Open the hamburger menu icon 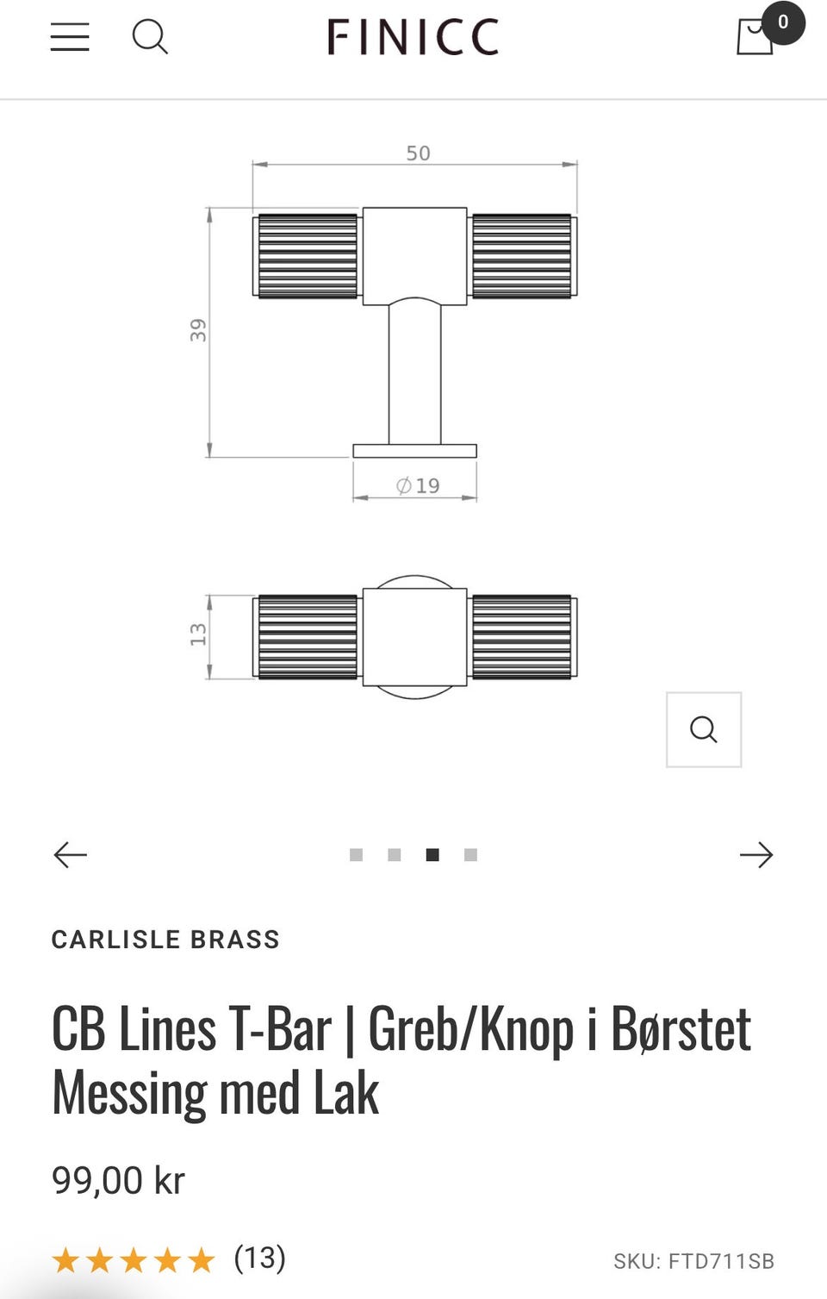point(70,37)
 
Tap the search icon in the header point(150,37)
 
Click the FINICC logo point(413,38)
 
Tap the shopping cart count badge point(782,22)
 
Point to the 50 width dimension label point(418,153)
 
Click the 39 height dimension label point(199,330)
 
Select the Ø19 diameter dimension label point(418,486)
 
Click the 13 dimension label point(199,635)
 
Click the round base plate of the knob point(414,451)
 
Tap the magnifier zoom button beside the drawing point(703,729)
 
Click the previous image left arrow point(71,854)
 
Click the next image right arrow point(755,854)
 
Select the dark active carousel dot point(432,854)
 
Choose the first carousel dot point(356,854)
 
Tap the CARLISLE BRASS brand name point(165,940)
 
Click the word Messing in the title point(129,1093)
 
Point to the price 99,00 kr point(118,1180)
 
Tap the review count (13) point(259,1258)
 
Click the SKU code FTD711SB point(720,1261)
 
